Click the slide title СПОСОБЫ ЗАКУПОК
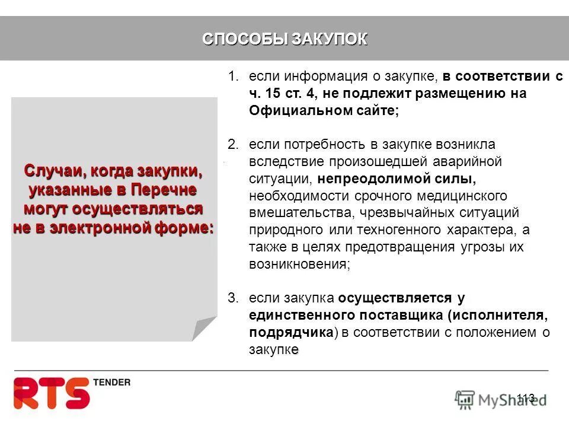pos(284,39)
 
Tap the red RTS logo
pos(52,393)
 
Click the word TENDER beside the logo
pos(111,383)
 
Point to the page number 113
pos(525,398)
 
